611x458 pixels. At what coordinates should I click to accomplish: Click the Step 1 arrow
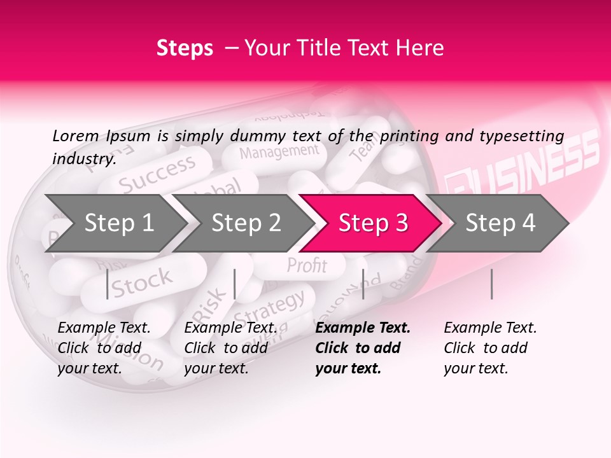tap(115, 223)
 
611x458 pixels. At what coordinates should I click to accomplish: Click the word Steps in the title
tap(185, 48)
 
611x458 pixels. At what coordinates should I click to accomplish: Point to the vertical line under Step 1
tap(107, 284)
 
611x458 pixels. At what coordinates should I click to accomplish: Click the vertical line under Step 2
tap(235, 284)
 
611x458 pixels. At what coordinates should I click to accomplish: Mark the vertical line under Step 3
tap(363, 284)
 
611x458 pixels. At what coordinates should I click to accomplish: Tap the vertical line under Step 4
tap(491, 284)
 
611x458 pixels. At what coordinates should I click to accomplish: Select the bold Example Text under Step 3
tap(363, 328)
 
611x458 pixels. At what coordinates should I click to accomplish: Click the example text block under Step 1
tap(104, 348)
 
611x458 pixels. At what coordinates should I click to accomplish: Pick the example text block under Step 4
tap(490, 348)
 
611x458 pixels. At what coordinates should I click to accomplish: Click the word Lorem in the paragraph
tap(75, 135)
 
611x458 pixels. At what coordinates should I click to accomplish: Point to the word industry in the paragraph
tap(83, 159)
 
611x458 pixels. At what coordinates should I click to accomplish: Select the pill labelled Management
tap(279, 152)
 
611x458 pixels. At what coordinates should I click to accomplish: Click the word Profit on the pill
tap(307, 265)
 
